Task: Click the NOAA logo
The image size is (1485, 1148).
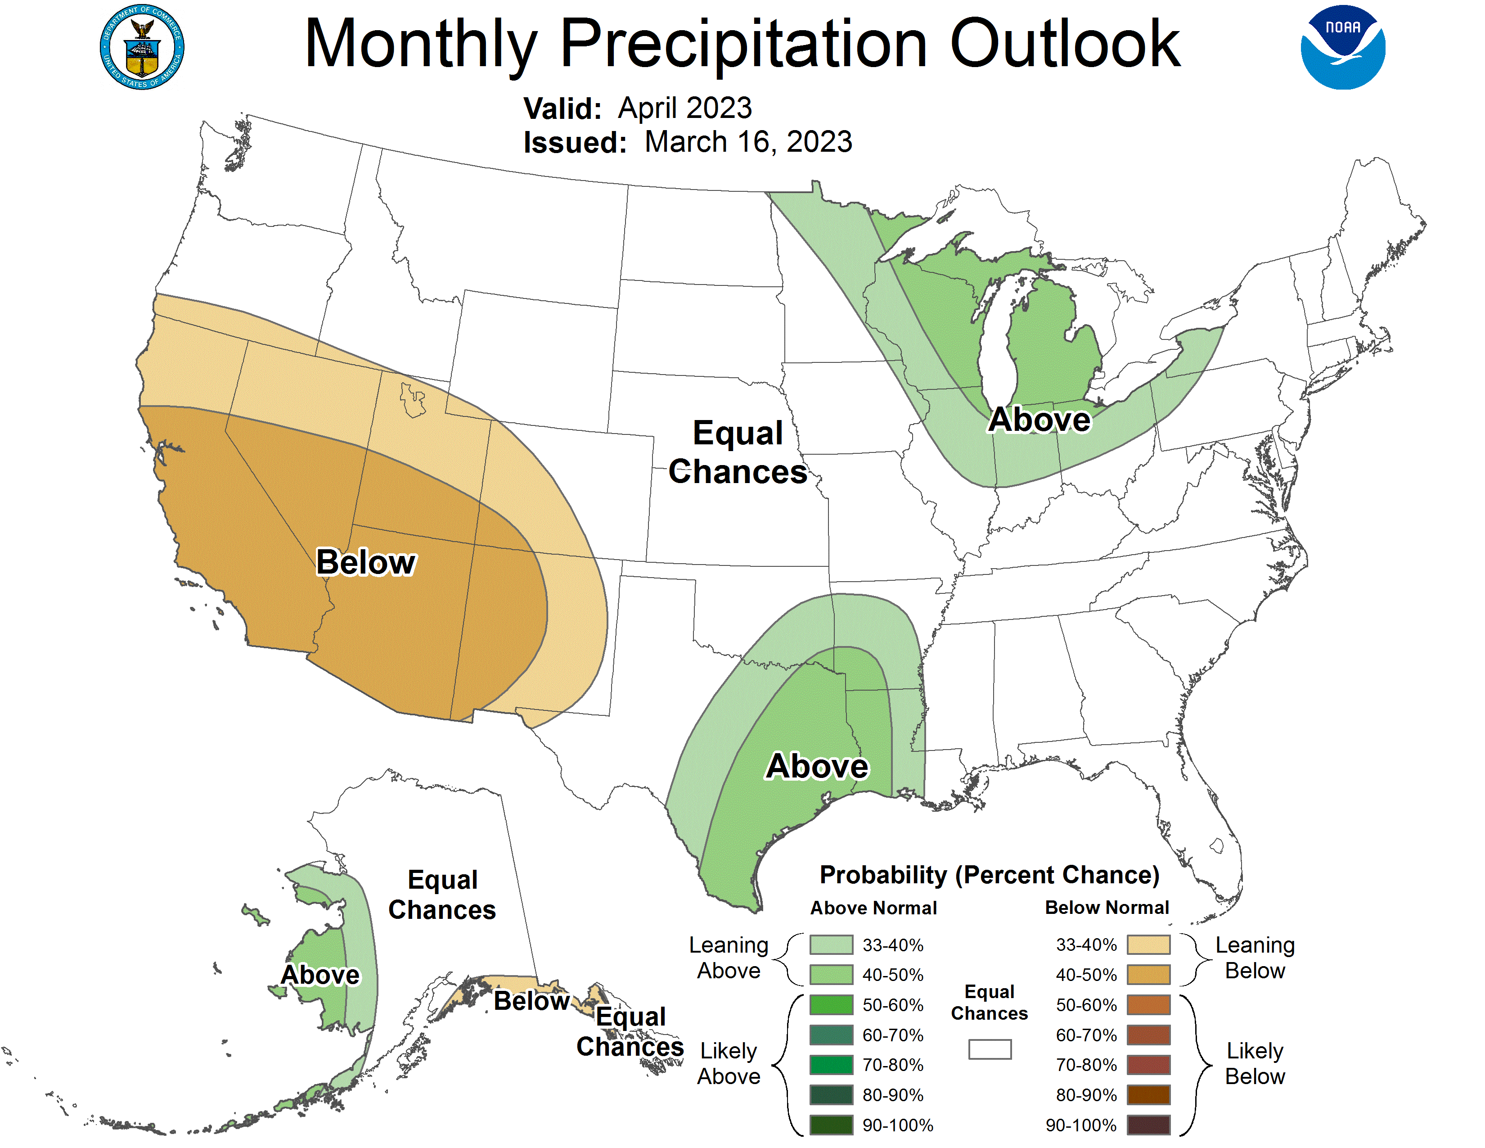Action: pos(1342,48)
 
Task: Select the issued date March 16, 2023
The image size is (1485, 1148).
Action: pos(748,142)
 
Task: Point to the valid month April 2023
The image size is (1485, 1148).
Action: pos(685,108)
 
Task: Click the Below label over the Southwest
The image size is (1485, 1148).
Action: pos(366,562)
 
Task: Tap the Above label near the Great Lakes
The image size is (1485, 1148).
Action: pos(1039,420)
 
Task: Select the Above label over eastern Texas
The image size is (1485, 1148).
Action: pos(817,767)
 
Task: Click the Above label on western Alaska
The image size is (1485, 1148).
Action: pos(320,975)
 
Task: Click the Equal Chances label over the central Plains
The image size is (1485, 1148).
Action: pos(738,452)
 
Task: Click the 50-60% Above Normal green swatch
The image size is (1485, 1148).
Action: pos(831,1004)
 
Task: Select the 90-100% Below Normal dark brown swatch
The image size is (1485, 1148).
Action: pos(1148,1125)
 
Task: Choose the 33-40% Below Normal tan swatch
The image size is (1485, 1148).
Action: pos(1148,945)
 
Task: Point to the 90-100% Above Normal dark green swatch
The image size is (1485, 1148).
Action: pos(831,1125)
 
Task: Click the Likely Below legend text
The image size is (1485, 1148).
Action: pos(1255,1064)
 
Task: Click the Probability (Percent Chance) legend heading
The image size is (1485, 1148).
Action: pos(989,875)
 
